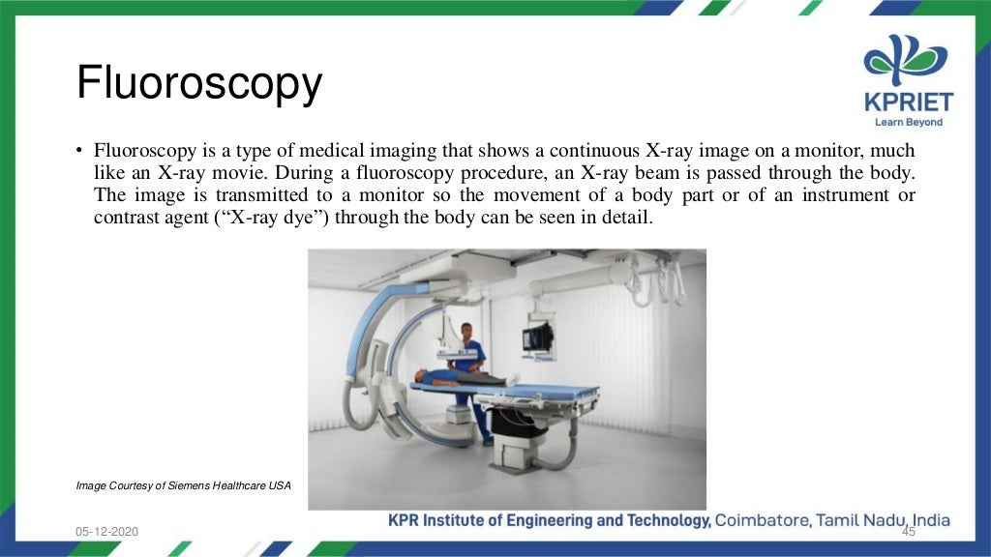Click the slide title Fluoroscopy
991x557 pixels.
pyautogui.click(x=198, y=84)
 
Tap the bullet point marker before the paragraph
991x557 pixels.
pyautogui.click(x=79, y=152)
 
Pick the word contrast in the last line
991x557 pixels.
pyautogui.click(x=124, y=218)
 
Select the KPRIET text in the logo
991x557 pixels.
pyautogui.click(x=908, y=103)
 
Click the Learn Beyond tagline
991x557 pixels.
pyautogui.click(x=908, y=123)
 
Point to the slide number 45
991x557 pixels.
pyautogui.click(x=908, y=532)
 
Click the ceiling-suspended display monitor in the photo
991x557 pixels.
pyautogui.click(x=537, y=337)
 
